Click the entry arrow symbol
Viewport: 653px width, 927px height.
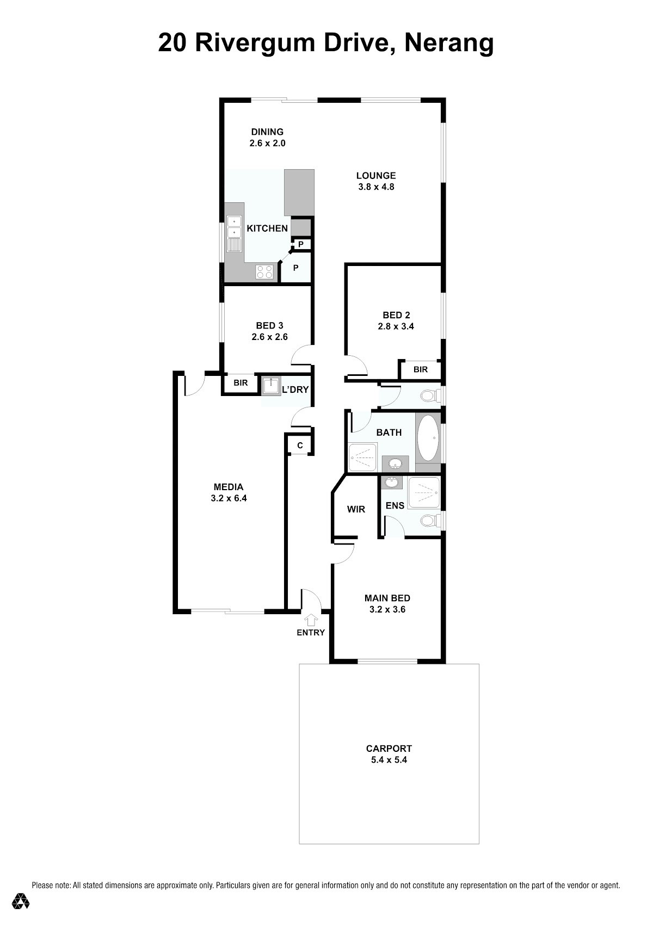click(311, 620)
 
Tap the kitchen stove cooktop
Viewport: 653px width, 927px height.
click(264, 271)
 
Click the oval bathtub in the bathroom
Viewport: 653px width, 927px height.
click(428, 438)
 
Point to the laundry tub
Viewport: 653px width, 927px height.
click(271, 386)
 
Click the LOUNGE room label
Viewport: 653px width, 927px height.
click(376, 176)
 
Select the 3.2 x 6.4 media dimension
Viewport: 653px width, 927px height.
click(229, 498)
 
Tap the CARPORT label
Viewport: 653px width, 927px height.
click(389, 749)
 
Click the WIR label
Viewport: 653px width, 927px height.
click(356, 509)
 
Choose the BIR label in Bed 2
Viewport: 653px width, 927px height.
click(420, 369)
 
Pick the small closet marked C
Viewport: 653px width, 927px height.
click(300, 446)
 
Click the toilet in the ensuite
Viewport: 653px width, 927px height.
click(430, 521)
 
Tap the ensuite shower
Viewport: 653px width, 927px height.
click(423, 492)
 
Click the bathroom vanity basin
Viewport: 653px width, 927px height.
click(396, 463)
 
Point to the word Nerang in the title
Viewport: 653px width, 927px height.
click(449, 43)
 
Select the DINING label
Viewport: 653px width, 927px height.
click(268, 132)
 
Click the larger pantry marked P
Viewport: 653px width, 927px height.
click(295, 268)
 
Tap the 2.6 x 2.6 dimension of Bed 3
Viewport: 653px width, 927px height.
click(269, 337)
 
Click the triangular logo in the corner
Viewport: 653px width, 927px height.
click(21, 900)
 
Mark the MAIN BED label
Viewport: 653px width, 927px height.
click(387, 598)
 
